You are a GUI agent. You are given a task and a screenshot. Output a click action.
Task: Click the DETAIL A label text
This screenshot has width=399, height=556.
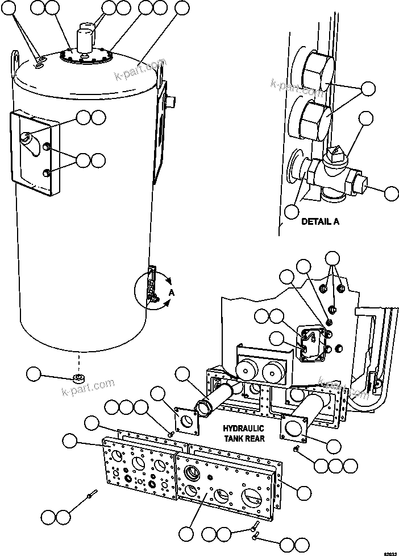coord(320,221)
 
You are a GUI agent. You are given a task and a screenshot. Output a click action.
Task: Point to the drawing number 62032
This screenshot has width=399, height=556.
coord(389,552)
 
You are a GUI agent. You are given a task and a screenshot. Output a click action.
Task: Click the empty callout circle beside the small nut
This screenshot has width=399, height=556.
coord(34,374)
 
